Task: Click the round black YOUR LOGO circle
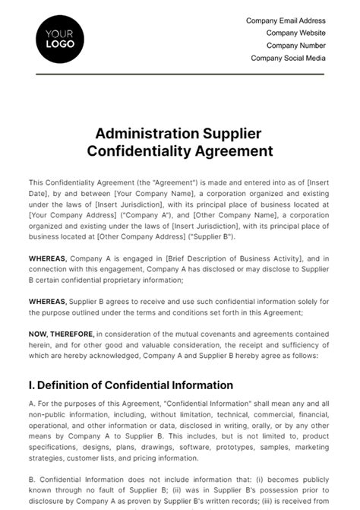[x=60, y=39]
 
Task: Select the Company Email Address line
[x=286, y=21]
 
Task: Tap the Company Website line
[x=295, y=33]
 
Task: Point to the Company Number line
[x=295, y=45]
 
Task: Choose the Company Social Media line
[x=288, y=58]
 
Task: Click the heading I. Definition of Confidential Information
[x=131, y=385]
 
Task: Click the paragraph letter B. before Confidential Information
[x=32, y=481]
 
